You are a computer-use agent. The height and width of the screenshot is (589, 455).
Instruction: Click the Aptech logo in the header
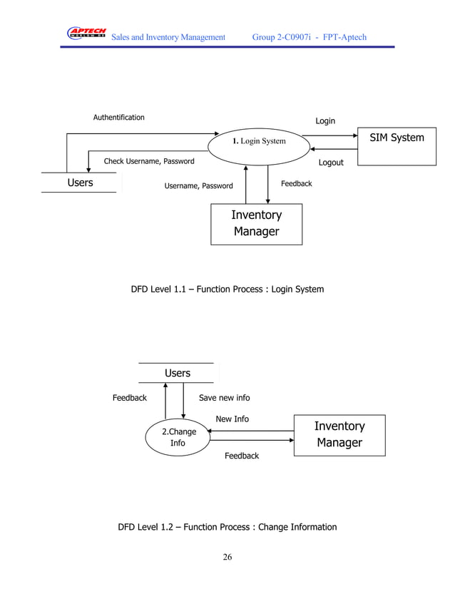[x=86, y=34]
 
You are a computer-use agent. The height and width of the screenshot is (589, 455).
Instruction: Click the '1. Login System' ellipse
[x=259, y=141]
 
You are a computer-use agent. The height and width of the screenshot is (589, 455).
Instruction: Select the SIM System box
[x=397, y=146]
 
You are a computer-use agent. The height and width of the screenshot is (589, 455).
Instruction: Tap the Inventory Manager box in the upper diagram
[x=256, y=224]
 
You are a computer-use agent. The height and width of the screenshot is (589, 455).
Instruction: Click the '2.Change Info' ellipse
[x=178, y=437]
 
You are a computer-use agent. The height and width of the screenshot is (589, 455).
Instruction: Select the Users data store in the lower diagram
[x=177, y=373]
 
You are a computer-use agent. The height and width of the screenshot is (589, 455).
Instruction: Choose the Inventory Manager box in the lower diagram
[x=339, y=434]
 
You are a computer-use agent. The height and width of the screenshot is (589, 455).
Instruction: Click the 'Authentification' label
[x=119, y=118]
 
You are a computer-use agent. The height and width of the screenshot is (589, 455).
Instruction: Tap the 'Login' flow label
[x=325, y=121]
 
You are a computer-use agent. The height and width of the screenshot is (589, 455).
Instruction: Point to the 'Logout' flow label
[x=331, y=163]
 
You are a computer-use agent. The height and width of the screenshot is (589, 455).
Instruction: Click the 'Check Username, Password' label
[x=149, y=161]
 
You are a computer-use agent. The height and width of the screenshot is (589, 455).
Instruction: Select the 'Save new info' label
[x=224, y=398]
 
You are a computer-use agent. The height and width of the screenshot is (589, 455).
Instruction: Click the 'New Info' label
[x=232, y=419]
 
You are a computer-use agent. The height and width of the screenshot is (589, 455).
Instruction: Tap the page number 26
[x=227, y=557]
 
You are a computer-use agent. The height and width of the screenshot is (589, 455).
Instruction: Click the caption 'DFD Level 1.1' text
[x=227, y=290]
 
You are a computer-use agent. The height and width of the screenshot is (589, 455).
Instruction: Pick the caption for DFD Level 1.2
[x=227, y=527]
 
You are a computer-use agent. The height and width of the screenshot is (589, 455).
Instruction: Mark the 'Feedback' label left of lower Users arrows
[x=129, y=398]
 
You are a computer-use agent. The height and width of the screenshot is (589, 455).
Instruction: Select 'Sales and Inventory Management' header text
[x=169, y=37]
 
